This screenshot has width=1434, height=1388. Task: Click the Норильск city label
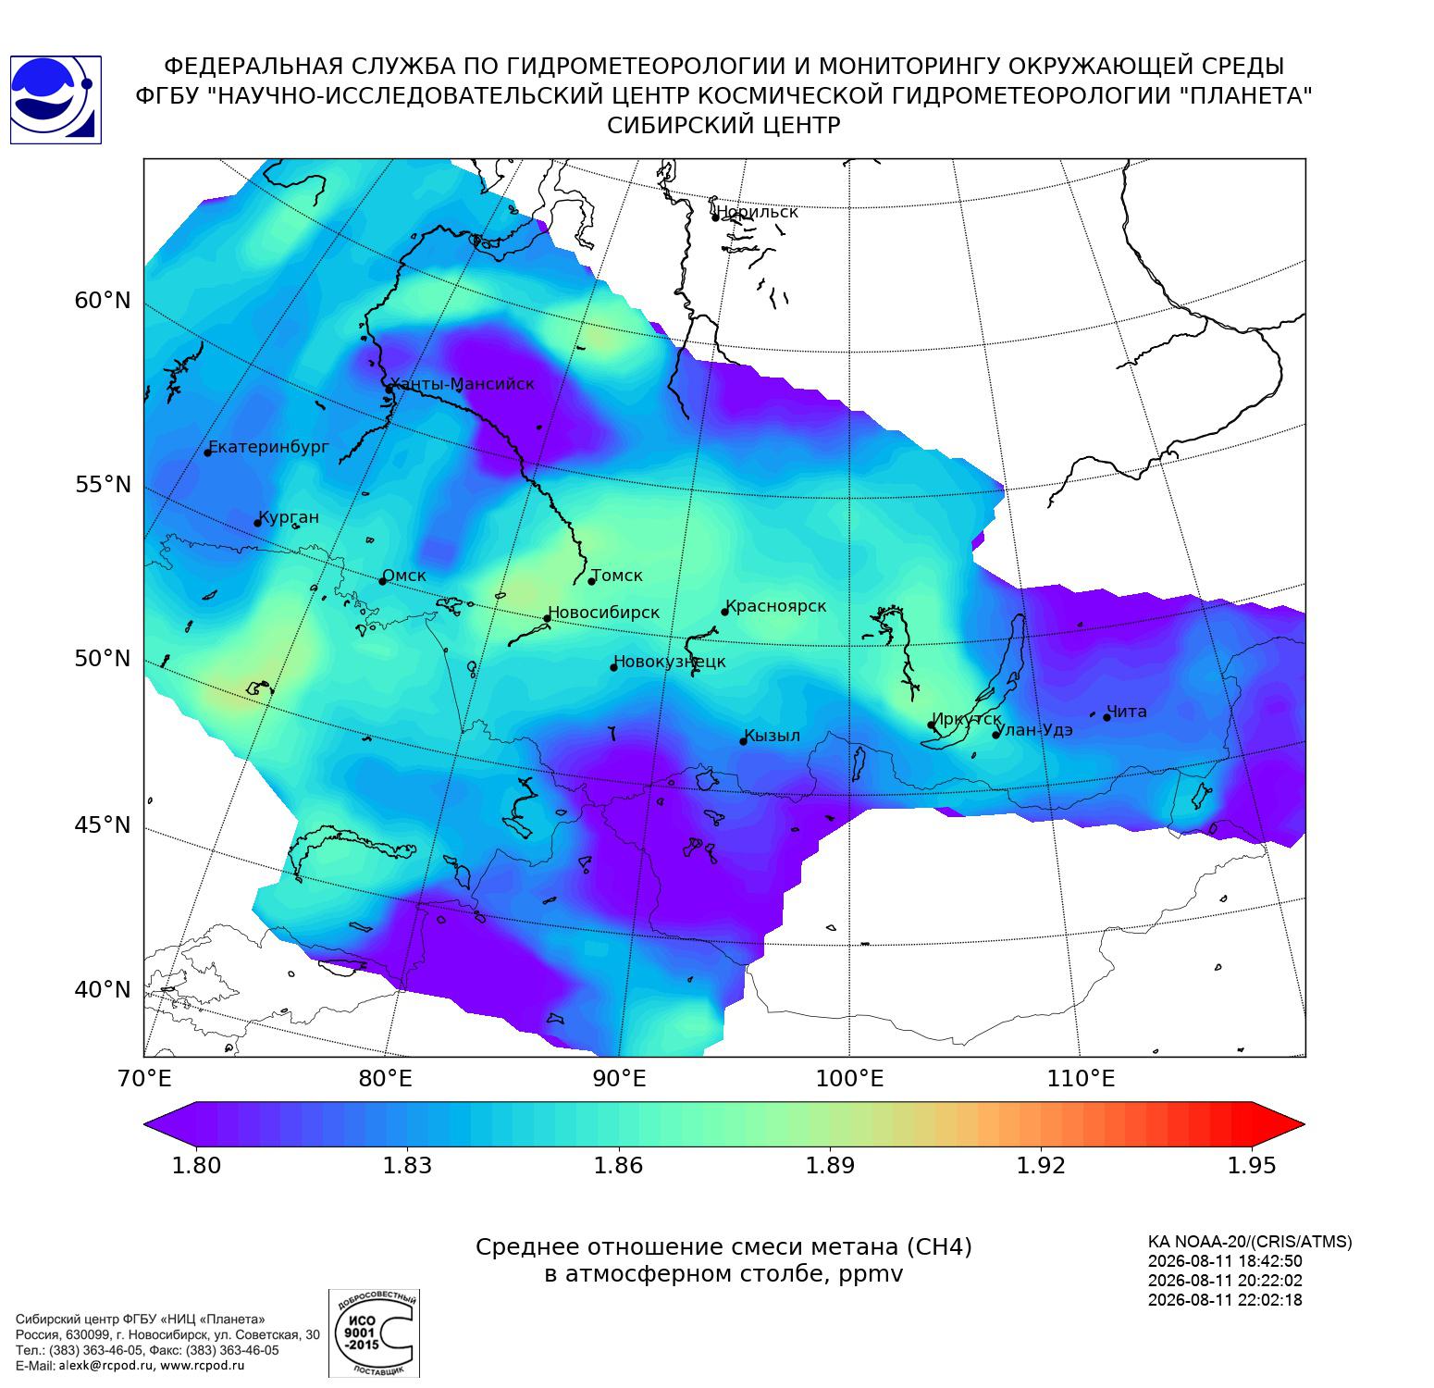[757, 212]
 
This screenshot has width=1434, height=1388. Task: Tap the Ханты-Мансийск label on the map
[462, 384]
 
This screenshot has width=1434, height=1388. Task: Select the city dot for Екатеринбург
[208, 452]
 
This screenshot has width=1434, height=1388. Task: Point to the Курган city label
[289, 518]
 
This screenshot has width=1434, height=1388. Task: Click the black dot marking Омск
[382, 581]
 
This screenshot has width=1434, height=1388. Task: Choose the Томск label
[617, 576]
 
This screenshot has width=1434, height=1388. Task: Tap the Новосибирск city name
[603, 613]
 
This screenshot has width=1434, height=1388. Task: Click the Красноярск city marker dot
[725, 612]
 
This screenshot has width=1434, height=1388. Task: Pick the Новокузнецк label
[670, 662]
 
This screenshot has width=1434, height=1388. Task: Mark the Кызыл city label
[773, 736]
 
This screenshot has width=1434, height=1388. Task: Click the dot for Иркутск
[932, 725]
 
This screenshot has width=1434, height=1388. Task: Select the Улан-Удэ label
[1035, 730]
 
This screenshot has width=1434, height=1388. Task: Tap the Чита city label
[1127, 712]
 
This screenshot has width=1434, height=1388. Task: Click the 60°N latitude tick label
[103, 301]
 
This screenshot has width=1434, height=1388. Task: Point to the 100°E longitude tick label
[850, 1078]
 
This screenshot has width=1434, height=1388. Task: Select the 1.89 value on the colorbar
[830, 1165]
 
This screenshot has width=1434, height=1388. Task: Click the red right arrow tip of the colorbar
[1304, 1125]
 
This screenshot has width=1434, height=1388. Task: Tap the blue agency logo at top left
[56, 100]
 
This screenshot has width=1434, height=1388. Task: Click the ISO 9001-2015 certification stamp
[375, 1333]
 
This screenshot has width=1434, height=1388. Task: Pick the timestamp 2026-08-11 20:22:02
[1225, 1281]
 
